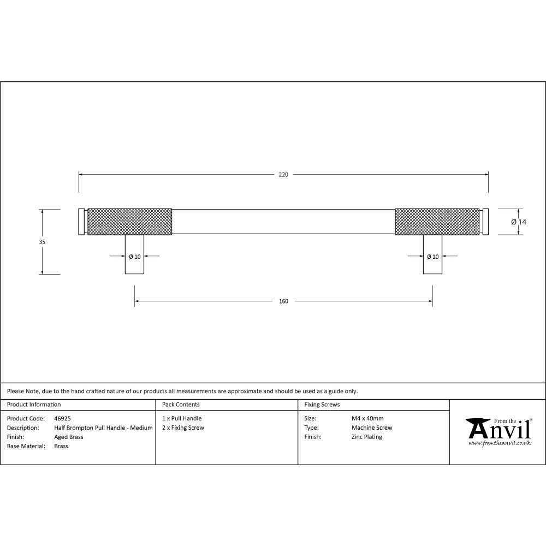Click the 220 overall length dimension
tap(283, 175)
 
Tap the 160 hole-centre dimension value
tap(283, 301)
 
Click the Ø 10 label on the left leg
tap(134, 256)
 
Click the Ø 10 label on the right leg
tap(432, 256)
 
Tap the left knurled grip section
tap(130, 221)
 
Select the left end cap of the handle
tap(82, 221)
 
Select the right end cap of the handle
tap(486, 221)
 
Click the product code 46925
tap(63, 418)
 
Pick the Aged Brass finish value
tap(69, 437)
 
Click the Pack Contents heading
tap(181, 405)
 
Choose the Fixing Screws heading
tap(322, 405)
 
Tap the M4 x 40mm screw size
tap(367, 418)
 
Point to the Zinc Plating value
tap(367, 437)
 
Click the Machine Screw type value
tap(372, 428)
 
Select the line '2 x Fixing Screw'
tap(183, 428)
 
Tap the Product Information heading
tap(34, 405)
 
